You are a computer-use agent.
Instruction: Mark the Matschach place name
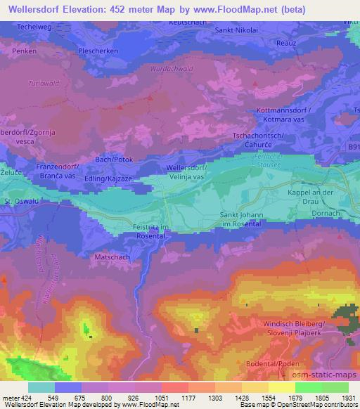[108, 257]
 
